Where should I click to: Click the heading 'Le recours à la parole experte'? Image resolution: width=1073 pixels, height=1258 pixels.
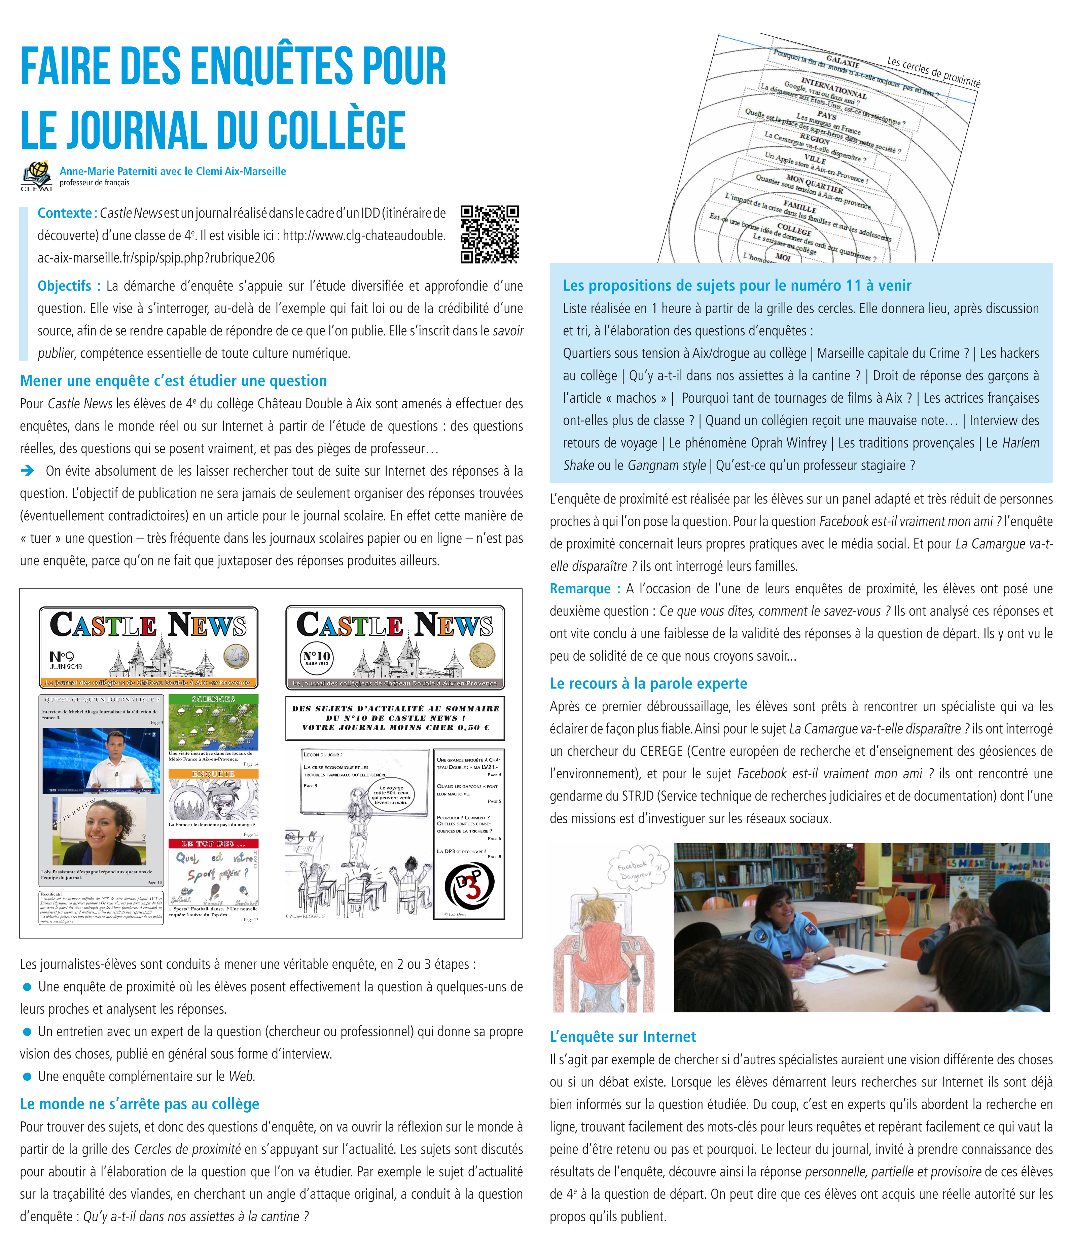(648, 683)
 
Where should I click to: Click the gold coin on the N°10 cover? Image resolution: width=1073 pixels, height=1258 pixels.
(483, 656)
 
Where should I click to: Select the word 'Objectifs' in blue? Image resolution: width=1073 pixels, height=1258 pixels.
(64, 286)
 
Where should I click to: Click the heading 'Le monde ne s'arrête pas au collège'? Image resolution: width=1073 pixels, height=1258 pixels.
(140, 1104)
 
